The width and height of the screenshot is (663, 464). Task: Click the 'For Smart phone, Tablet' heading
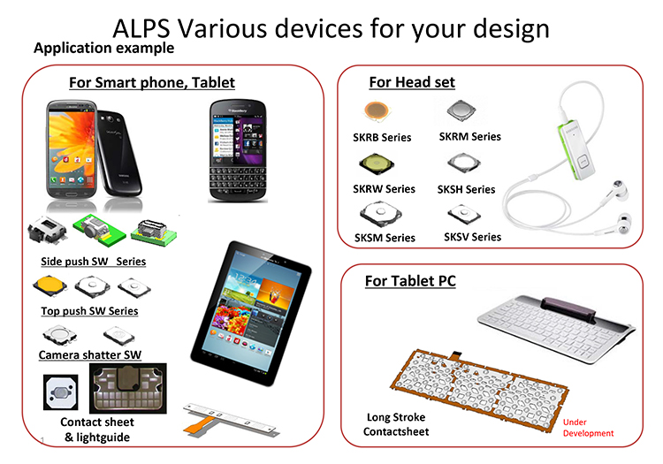[152, 82]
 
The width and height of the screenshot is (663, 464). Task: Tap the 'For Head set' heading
[412, 82]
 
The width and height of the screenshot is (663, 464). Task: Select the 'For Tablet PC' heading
[410, 280]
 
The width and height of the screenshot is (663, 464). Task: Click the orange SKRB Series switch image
[377, 111]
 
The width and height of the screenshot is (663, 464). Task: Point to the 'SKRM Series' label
[469, 136]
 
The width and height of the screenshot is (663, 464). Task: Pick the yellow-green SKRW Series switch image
[377, 164]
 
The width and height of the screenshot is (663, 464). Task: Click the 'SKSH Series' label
[466, 189]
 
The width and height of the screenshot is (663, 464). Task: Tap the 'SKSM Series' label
[385, 238]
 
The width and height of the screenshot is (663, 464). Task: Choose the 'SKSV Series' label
[472, 237]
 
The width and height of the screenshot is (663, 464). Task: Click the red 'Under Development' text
[588, 428]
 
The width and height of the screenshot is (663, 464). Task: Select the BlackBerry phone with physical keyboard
[238, 151]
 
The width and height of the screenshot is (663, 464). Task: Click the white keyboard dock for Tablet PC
[556, 329]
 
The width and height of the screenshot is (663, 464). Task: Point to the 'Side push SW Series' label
[93, 262]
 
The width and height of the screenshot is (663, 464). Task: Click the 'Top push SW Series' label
[89, 311]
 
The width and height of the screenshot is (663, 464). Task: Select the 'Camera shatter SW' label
[89, 355]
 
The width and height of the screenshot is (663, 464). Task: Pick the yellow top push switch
[50, 286]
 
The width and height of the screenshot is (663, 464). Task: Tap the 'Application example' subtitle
[103, 48]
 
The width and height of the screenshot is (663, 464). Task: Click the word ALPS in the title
[141, 29]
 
